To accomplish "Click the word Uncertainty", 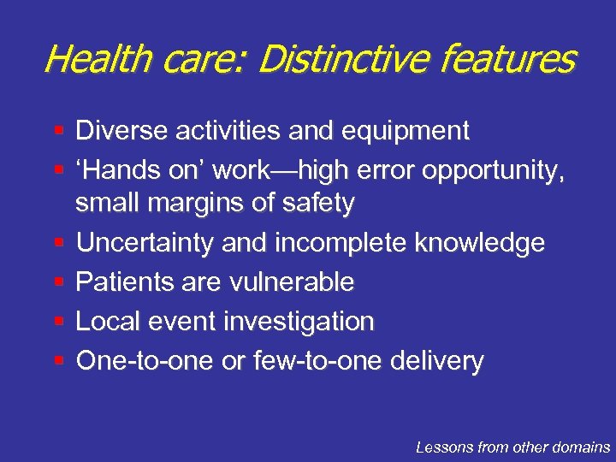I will click(x=145, y=243).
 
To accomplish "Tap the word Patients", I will click(x=123, y=281).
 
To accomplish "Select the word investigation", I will click(x=299, y=322).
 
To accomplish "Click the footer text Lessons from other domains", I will click(x=512, y=447).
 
